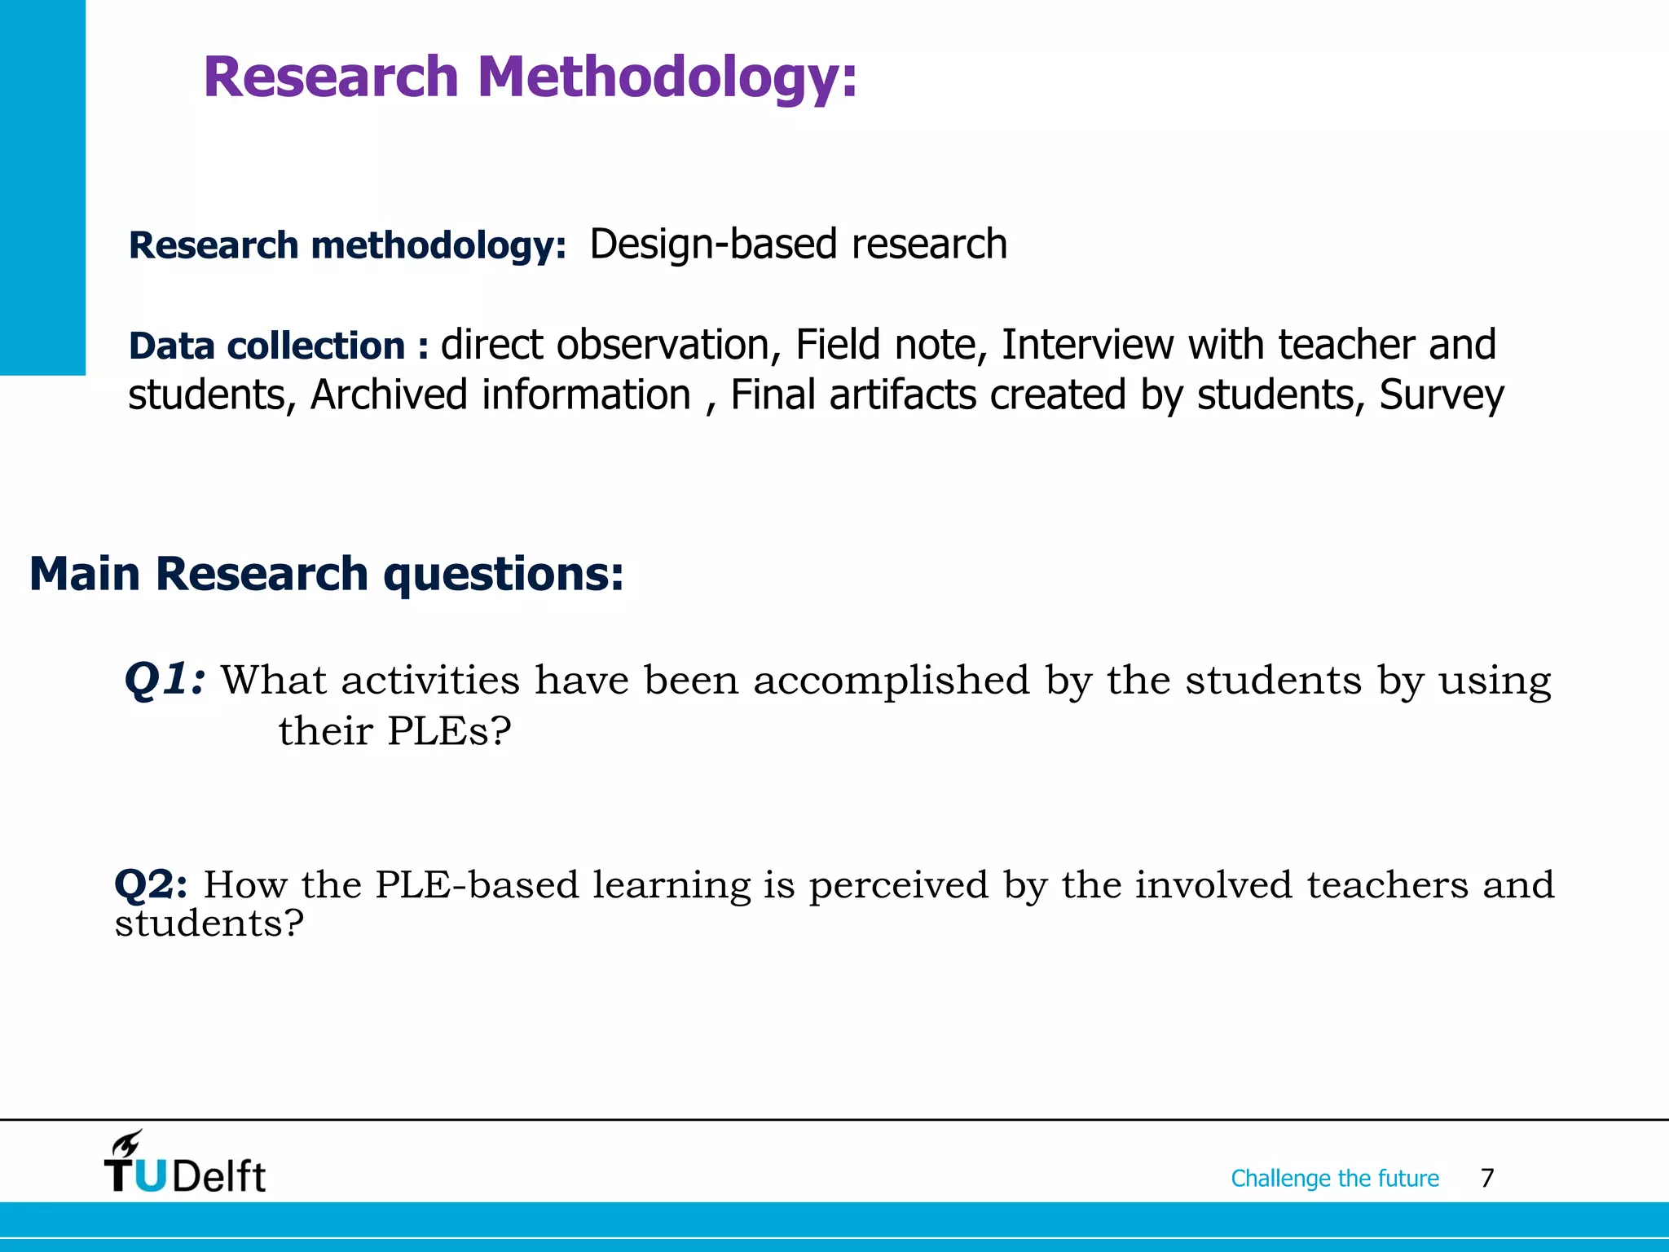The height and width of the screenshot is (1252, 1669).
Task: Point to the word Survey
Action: [1441, 396]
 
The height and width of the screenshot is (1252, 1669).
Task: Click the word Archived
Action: [388, 395]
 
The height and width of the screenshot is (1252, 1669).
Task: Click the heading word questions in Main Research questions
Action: [503, 574]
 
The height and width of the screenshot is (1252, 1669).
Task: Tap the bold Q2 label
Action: [151, 884]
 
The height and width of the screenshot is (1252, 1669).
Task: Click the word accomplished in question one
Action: [892, 680]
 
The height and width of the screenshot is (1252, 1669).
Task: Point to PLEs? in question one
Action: [449, 730]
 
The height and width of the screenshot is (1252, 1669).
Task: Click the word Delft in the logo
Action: [218, 1176]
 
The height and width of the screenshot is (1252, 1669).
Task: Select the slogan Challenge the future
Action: [1334, 1178]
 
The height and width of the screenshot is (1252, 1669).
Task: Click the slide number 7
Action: [1487, 1178]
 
